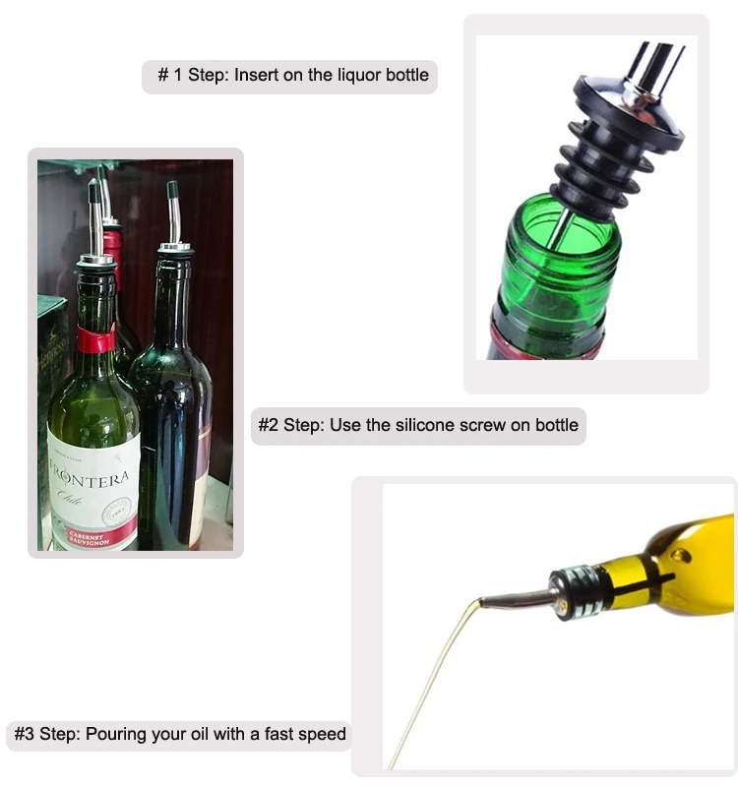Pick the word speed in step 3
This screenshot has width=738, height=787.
click(323, 734)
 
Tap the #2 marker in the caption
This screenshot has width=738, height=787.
click(269, 426)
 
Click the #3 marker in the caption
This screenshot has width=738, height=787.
click(25, 734)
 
